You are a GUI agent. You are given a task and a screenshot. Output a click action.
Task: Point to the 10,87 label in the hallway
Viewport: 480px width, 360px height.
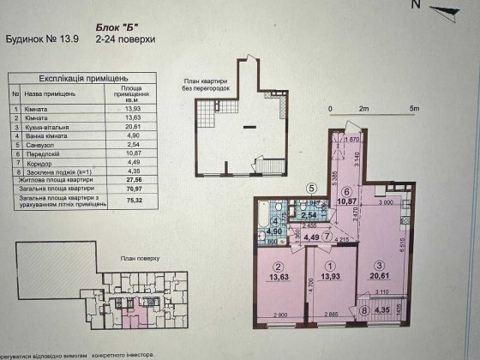pyautogui.click(x=348, y=204)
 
